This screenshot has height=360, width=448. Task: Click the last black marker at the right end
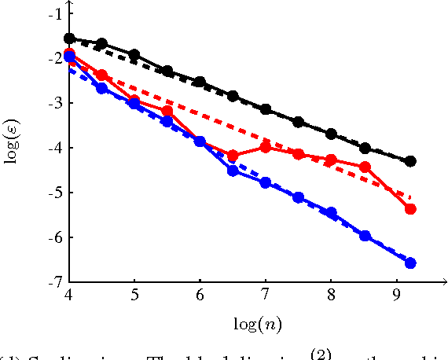(410, 161)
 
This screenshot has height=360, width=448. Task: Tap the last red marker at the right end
(410, 209)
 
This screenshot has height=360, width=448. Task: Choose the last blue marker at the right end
(410, 263)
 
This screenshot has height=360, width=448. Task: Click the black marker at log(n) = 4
(69, 39)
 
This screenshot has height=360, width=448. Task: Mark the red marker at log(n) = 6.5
(233, 156)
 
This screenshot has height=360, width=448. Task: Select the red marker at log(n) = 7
(266, 148)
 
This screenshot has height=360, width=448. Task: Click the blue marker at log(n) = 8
(331, 213)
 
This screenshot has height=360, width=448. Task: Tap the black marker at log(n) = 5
(134, 55)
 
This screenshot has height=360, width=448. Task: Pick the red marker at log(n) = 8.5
(365, 167)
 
